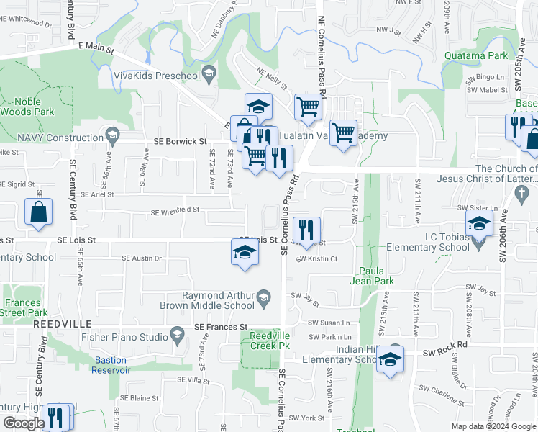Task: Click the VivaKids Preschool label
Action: (156, 73)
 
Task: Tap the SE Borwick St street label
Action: (180, 142)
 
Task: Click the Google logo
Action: (24, 423)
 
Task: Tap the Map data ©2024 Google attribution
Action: (493, 426)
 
